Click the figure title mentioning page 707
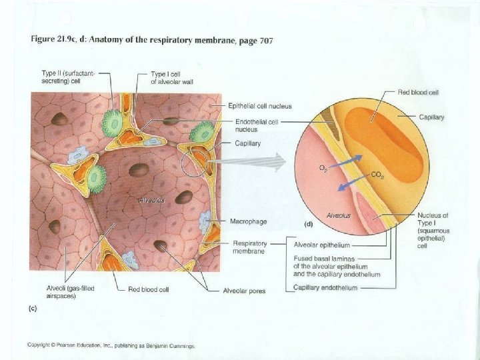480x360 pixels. (152, 40)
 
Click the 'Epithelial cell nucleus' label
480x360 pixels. (259, 106)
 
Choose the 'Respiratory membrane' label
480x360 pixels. (249, 247)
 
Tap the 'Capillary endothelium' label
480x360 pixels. (325, 287)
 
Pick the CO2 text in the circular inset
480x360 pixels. (378, 177)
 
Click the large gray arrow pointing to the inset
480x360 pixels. (260, 162)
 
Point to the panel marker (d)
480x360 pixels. (309, 224)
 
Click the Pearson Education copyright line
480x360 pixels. (111, 345)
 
